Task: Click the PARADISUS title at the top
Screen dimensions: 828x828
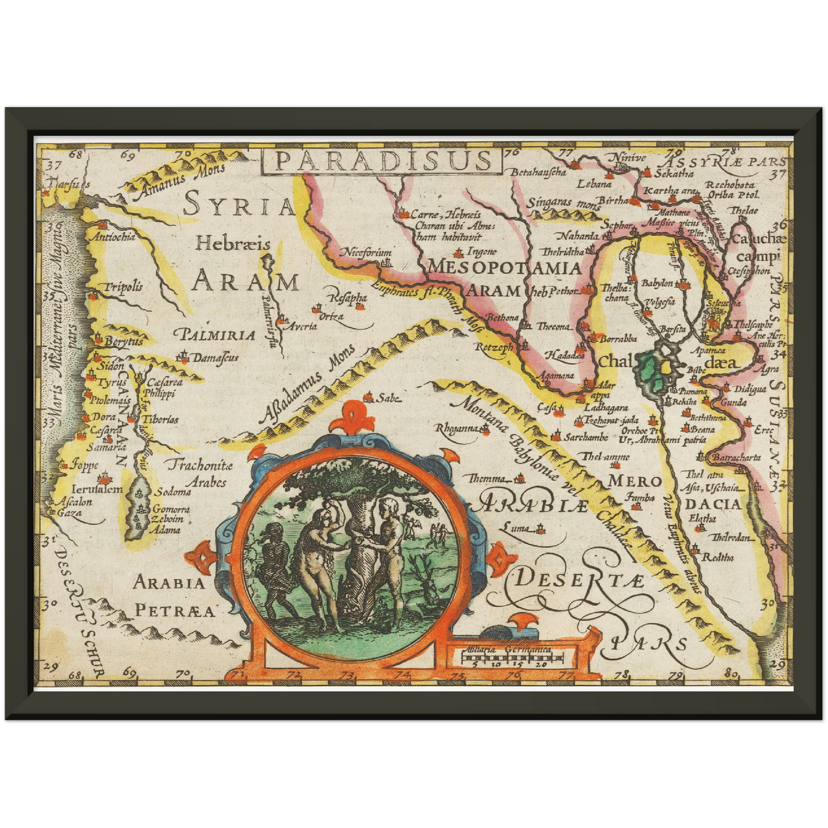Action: [x=382, y=161]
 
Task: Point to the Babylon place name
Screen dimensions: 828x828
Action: [x=657, y=284]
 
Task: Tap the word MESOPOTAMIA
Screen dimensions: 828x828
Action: [x=504, y=268]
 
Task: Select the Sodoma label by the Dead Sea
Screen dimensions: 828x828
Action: [x=173, y=492]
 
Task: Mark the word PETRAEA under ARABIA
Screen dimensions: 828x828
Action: [x=175, y=611]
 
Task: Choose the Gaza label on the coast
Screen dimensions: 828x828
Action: [x=69, y=513]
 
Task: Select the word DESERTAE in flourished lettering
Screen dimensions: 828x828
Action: [x=579, y=580]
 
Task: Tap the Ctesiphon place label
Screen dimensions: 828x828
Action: [x=749, y=271]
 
